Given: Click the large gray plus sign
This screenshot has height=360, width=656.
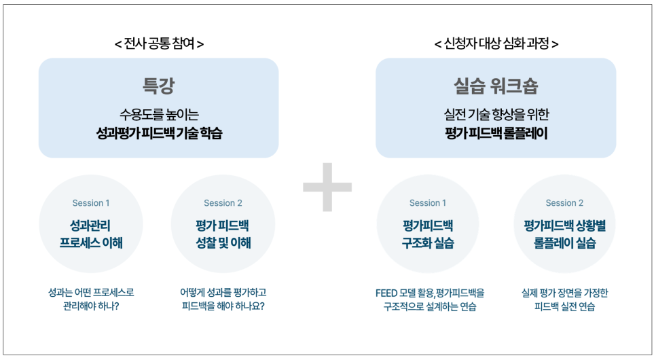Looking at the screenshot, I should pyautogui.click(x=327, y=186).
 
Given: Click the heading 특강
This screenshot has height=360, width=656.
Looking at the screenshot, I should pyautogui.click(x=159, y=86).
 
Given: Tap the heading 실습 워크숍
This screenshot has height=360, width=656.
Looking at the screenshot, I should pyautogui.click(x=496, y=86).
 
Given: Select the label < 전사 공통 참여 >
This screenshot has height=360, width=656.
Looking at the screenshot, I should pyautogui.click(x=159, y=43).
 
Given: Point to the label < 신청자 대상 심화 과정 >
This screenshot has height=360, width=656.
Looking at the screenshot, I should pyautogui.click(x=496, y=43).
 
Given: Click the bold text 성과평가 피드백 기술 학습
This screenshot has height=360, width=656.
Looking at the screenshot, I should pyautogui.click(x=159, y=134).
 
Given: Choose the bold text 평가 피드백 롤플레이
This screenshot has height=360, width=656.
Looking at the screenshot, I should pyautogui.click(x=496, y=134).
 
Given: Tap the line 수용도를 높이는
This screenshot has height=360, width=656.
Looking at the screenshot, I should pyautogui.click(x=159, y=114).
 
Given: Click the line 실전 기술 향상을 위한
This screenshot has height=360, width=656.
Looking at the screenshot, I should pyautogui.click(x=496, y=114).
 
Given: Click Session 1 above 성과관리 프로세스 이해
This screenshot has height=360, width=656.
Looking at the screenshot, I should pyautogui.click(x=91, y=203).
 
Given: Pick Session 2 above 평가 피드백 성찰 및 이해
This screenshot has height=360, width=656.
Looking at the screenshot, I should pyautogui.click(x=223, y=203).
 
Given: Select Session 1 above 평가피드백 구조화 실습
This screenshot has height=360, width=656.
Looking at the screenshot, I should pyautogui.click(x=428, y=203).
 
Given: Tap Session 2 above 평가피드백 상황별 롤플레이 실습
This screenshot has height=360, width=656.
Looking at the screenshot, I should pyautogui.click(x=564, y=203).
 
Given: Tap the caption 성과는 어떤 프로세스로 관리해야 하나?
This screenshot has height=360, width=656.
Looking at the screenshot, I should pyautogui.click(x=91, y=300).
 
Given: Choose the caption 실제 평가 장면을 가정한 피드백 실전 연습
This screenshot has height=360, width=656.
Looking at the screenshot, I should pyautogui.click(x=564, y=300).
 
